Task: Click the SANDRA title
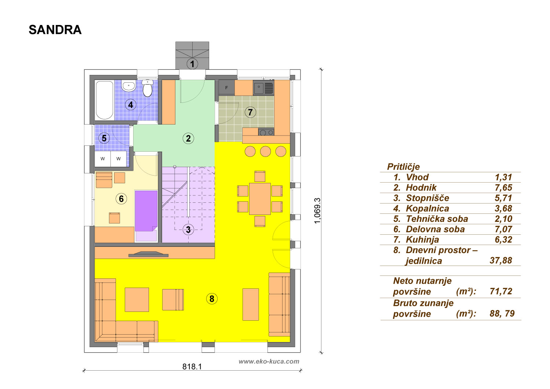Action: [55, 30]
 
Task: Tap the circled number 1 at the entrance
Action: [192, 64]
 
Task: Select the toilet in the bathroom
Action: [147, 88]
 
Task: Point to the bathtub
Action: [105, 100]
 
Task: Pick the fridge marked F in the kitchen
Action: [226, 87]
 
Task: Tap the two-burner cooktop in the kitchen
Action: [266, 132]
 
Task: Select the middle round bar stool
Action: [265, 151]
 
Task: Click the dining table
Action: [260, 199]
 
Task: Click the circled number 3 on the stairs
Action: [188, 230]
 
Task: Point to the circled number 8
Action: [212, 299]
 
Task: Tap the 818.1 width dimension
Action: [192, 367]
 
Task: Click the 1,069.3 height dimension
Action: [317, 211]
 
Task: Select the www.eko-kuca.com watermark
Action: [269, 361]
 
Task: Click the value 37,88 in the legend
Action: [501, 260]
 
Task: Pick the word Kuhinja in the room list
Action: [422, 239]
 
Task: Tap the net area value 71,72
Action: [501, 291]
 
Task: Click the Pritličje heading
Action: [403, 167]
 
